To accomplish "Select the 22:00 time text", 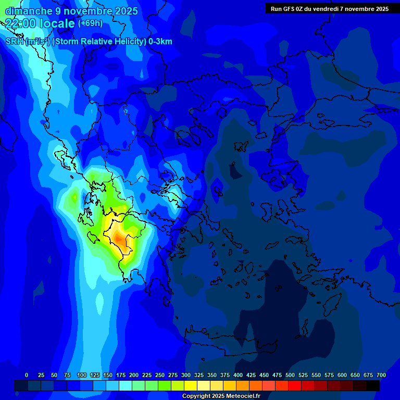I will click(x=21, y=23).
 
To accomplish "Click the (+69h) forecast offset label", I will click(x=90, y=23).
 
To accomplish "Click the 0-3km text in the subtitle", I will click(x=160, y=42).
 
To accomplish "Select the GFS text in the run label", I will click(x=290, y=9).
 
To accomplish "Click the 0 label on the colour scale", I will click(x=27, y=375).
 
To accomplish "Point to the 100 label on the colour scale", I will click(x=82, y=375).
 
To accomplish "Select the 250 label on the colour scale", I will click(x=160, y=375).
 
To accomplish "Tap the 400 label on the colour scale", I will click(x=238, y=375).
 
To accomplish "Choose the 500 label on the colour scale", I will click(x=290, y=375).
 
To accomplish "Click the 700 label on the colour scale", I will click(x=381, y=375).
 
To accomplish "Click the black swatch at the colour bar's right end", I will click(x=373, y=385).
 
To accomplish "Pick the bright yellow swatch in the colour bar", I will click(x=191, y=385).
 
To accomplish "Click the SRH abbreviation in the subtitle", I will click(x=14, y=42).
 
